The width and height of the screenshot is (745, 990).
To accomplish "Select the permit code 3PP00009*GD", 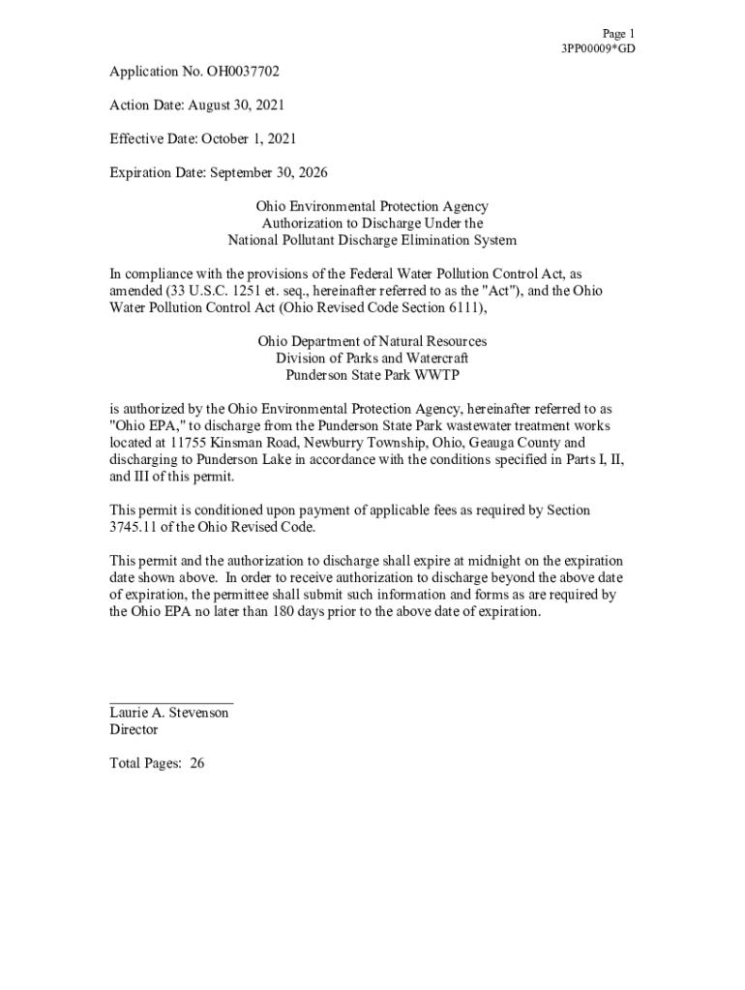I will (x=599, y=48).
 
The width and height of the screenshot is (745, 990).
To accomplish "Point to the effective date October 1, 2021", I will (x=248, y=139).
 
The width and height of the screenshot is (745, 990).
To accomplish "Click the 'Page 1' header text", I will (x=618, y=33).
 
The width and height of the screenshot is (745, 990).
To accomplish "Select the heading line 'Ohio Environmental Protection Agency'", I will (x=372, y=207).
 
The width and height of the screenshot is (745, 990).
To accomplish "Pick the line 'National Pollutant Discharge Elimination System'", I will (x=372, y=241).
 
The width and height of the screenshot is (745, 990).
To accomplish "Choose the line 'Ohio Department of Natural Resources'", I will (x=372, y=341).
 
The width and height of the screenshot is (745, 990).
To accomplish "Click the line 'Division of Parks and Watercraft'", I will (x=372, y=358).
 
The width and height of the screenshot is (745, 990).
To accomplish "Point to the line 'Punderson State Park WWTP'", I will (x=372, y=375).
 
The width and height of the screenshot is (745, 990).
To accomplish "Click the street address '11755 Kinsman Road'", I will (x=216, y=443).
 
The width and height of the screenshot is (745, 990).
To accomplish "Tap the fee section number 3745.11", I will (x=134, y=527).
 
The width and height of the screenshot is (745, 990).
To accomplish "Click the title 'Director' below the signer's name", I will (x=134, y=730).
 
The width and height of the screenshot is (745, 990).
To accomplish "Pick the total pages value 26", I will (x=197, y=764).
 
